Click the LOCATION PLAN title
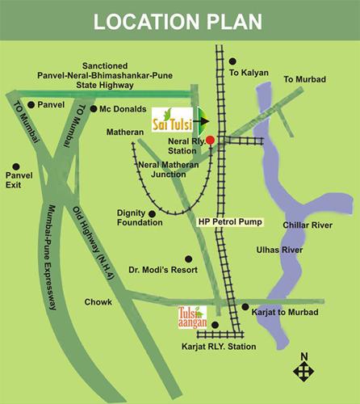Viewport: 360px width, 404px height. (x=180, y=22)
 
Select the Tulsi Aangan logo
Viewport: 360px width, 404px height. (x=192, y=317)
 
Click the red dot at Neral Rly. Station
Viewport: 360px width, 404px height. (x=210, y=140)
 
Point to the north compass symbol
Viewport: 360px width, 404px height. (x=303, y=369)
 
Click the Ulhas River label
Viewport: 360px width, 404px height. (x=301, y=250)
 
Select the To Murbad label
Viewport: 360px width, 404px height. (x=304, y=79)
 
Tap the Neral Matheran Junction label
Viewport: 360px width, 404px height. (x=161, y=169)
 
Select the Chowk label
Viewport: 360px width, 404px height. (x=98, y=302)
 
